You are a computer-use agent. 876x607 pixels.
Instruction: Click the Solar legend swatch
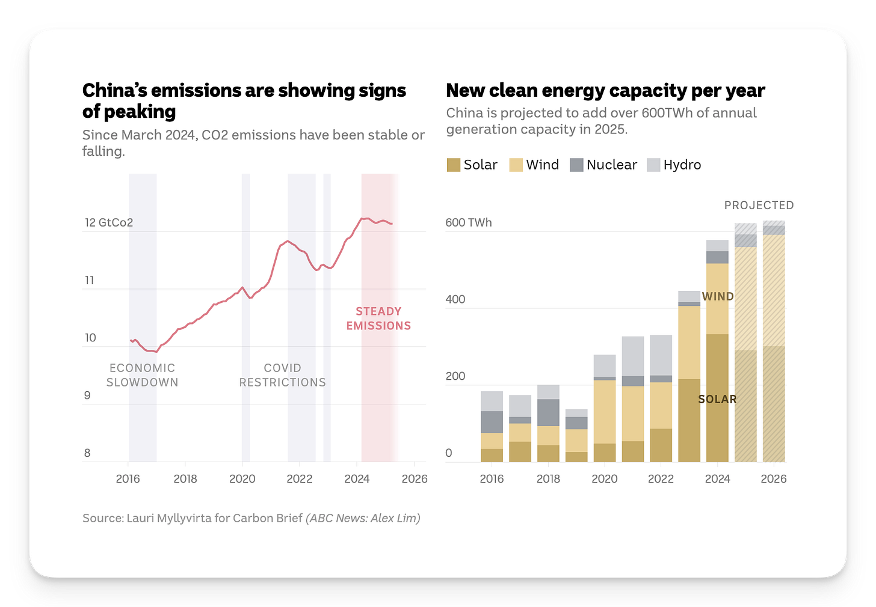coord(453,165)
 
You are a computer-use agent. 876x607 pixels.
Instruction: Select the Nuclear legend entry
coord(603,165)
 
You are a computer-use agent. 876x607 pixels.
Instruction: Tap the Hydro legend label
coord(682,165)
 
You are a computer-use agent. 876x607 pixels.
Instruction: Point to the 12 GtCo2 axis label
coord(108,222)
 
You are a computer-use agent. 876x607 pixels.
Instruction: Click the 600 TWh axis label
coord(468,222)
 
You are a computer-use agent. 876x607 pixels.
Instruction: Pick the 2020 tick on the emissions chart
coord(242,479)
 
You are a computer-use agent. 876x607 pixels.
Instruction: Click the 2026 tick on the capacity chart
coord(773,479)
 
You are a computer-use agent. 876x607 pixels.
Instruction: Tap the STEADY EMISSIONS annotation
coord(378,319)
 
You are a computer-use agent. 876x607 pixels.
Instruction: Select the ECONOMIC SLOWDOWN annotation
coord(143,375)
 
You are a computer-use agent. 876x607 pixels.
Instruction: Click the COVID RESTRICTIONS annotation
coord(282,375)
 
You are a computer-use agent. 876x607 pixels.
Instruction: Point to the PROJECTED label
coord(759,206)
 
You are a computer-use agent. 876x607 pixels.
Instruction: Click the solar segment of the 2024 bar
coord(717,421)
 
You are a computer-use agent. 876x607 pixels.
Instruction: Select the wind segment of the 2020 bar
coord(605,412)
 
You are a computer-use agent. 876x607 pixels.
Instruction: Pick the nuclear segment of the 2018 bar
coord(548,413)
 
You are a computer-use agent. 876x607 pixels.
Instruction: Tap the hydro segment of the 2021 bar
coord(633,356)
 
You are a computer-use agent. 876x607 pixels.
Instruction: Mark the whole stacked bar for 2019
coord(576,436)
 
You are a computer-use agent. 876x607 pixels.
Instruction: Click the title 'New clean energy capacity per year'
coord(605,91)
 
